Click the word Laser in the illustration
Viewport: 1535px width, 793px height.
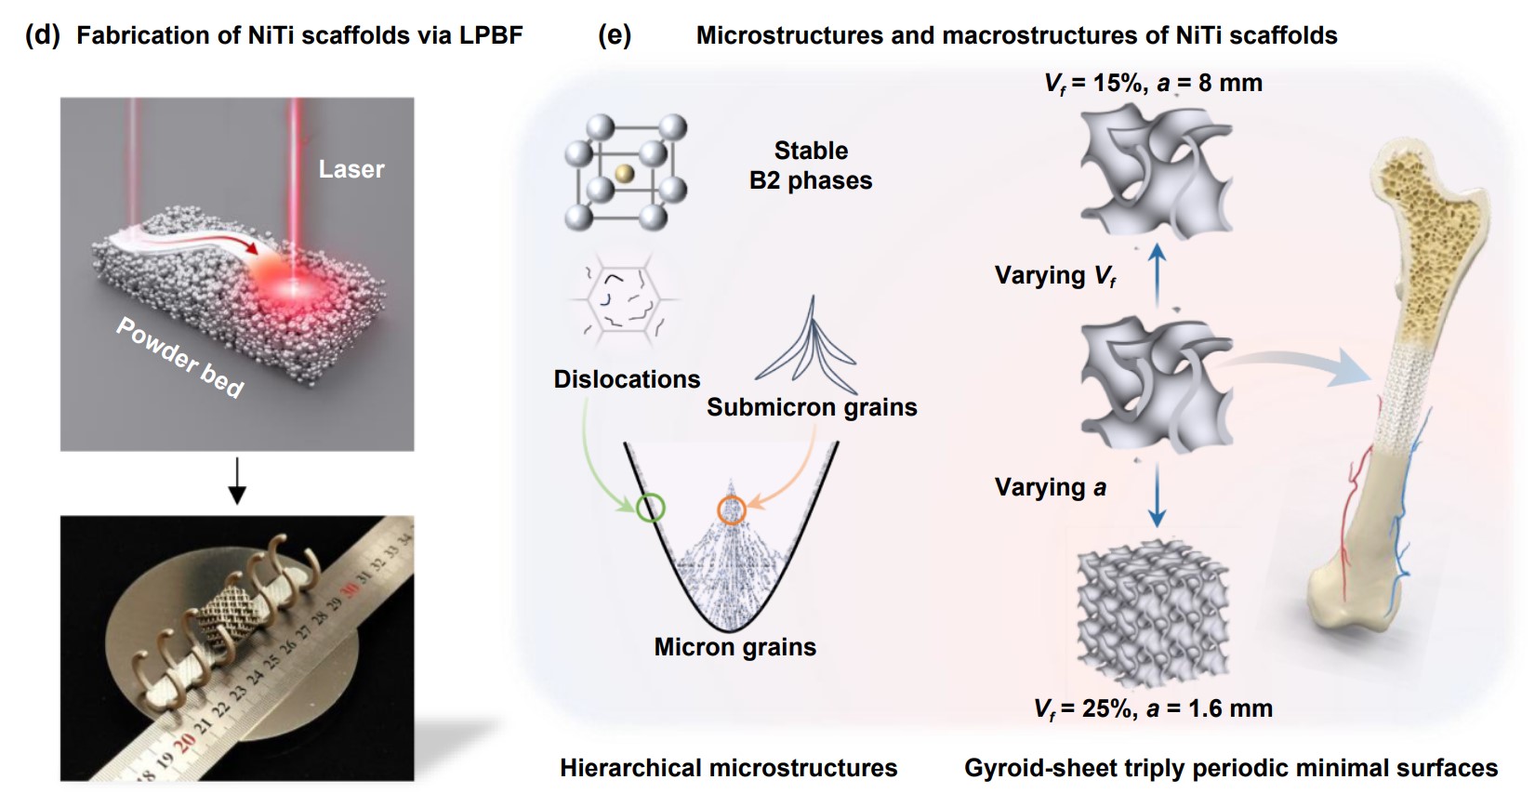tap(351, 169)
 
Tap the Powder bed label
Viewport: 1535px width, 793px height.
tap(179, 357)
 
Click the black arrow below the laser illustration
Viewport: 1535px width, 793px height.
tap(237, 480)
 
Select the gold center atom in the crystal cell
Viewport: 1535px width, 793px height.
tap(624, 173)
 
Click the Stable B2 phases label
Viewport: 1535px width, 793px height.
tap(811, 165)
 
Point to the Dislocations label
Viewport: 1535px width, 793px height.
tap(627, 379)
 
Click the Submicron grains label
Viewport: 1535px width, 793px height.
tap(812, 407)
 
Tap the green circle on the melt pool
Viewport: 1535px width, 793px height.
tap(651, 509)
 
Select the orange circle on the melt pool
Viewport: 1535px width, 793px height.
tap(732, 509)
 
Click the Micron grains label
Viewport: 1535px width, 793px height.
tap(734, 647)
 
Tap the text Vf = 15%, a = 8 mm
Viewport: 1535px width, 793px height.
tap(1153, 83)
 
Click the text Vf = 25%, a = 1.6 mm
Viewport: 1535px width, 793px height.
tap(1153, 708)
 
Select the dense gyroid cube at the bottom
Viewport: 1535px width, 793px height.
tap(1153, 614)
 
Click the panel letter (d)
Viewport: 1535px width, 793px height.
tap(42, 35)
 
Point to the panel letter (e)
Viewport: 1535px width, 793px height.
tap(615, 35)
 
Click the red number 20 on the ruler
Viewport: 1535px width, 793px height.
tap(184, 741)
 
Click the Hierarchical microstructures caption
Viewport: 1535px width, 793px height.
tap(728, 768)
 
